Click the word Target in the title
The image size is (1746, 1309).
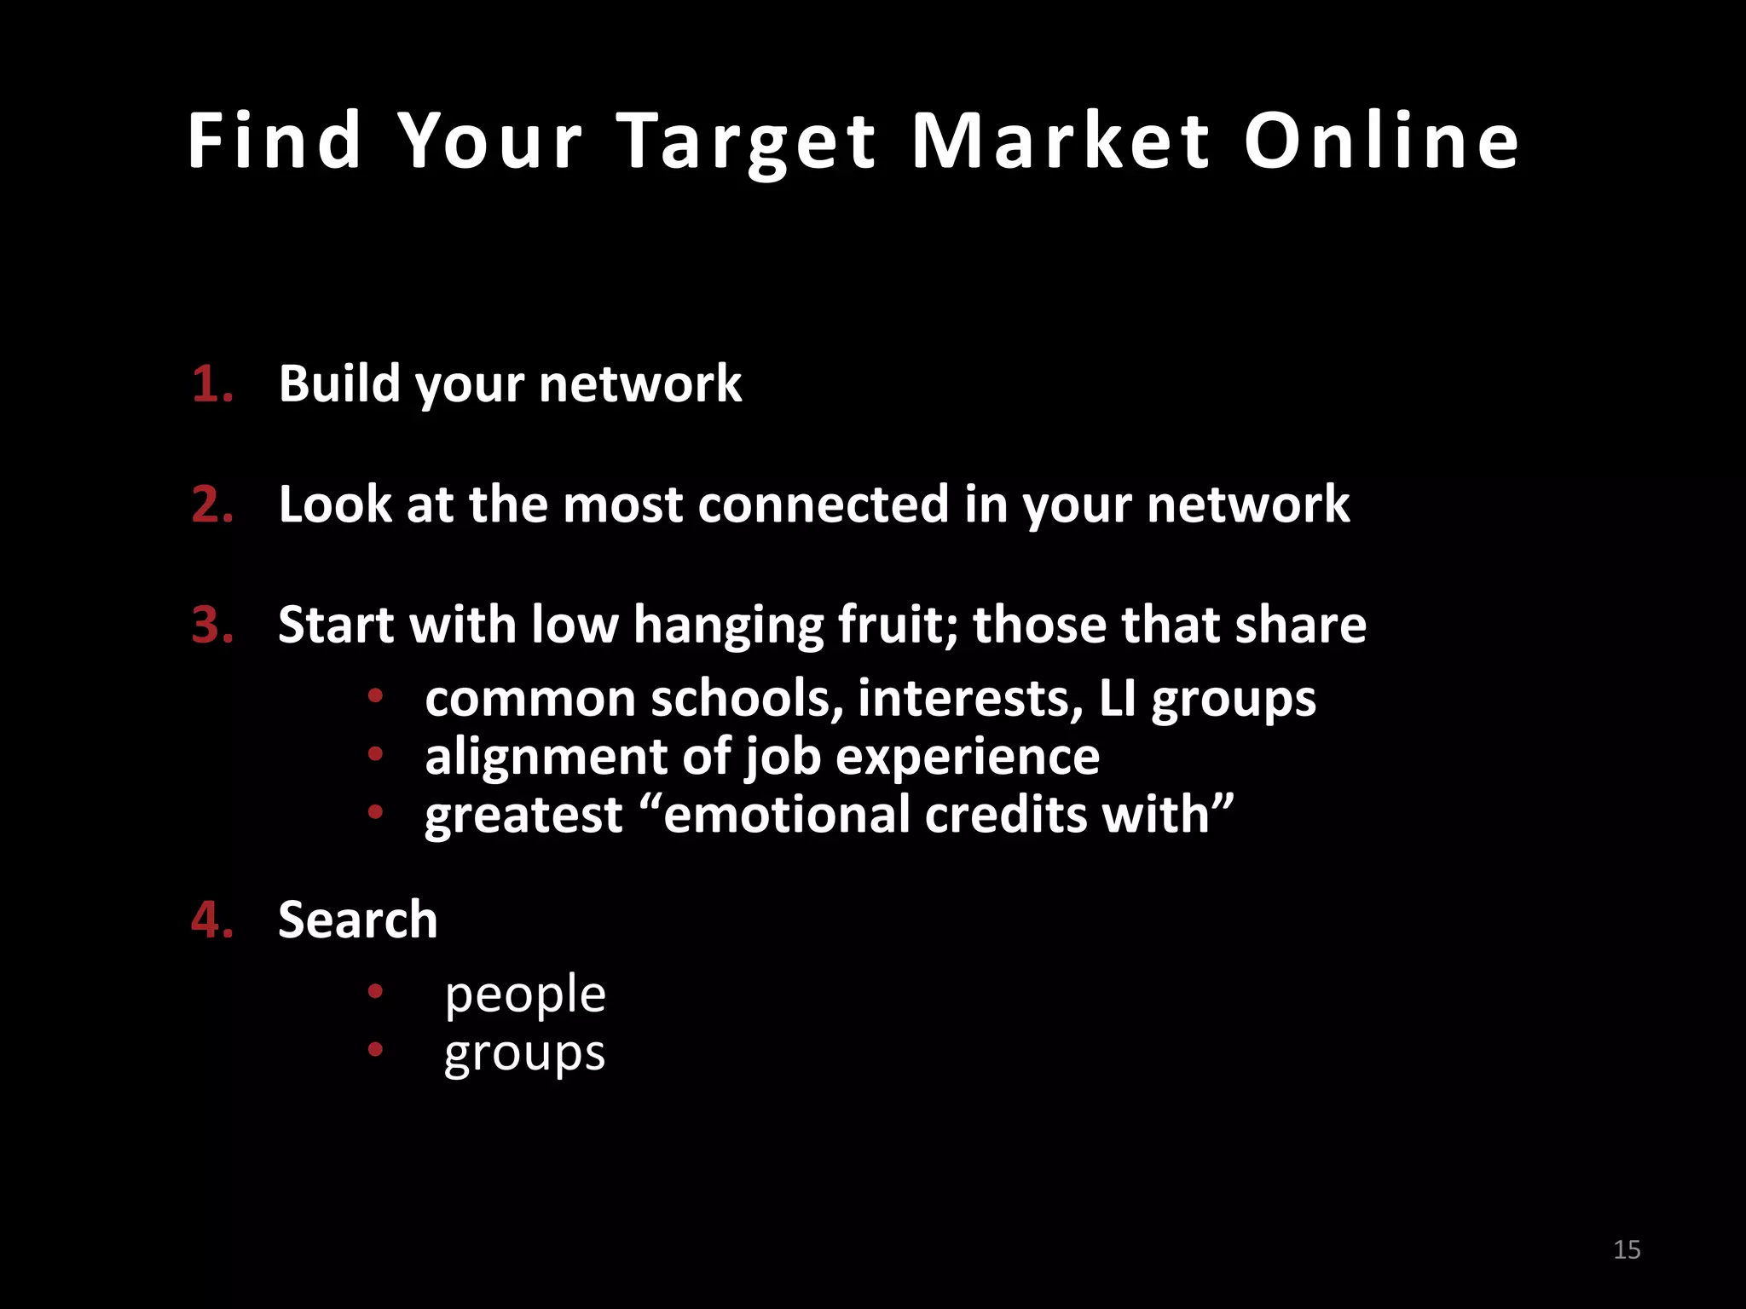pyautogui.click(x=746, y=142)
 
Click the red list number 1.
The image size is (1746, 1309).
pyautogui.click(x=211, y=383)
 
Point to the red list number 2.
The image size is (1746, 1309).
pyautogui.click(x=211, y=505)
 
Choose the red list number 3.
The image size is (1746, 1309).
pyautogui.click(x=211, y=625)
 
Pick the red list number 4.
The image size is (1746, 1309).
pyautogui.click(x=211, y=920)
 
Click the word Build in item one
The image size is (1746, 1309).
pyautogui.click(x=338, y=383)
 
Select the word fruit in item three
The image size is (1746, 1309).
pyautogui.click(x=899, y=625)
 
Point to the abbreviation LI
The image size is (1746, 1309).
pyautogui.click(x=1117, y=699)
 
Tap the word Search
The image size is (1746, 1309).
pyautogui.click(x=358, y=920)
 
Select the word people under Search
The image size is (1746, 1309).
pyautogui.click(x=525, y=995)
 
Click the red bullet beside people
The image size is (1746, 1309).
pyautogui.click(x=375, y=991)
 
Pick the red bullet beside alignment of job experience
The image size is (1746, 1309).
pyautogui.click(x=375, y=753)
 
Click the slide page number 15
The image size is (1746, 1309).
pyautogui.click(x=1627, y=1250)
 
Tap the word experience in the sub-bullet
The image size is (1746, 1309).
pyautogui.click(x=968, y=757)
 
